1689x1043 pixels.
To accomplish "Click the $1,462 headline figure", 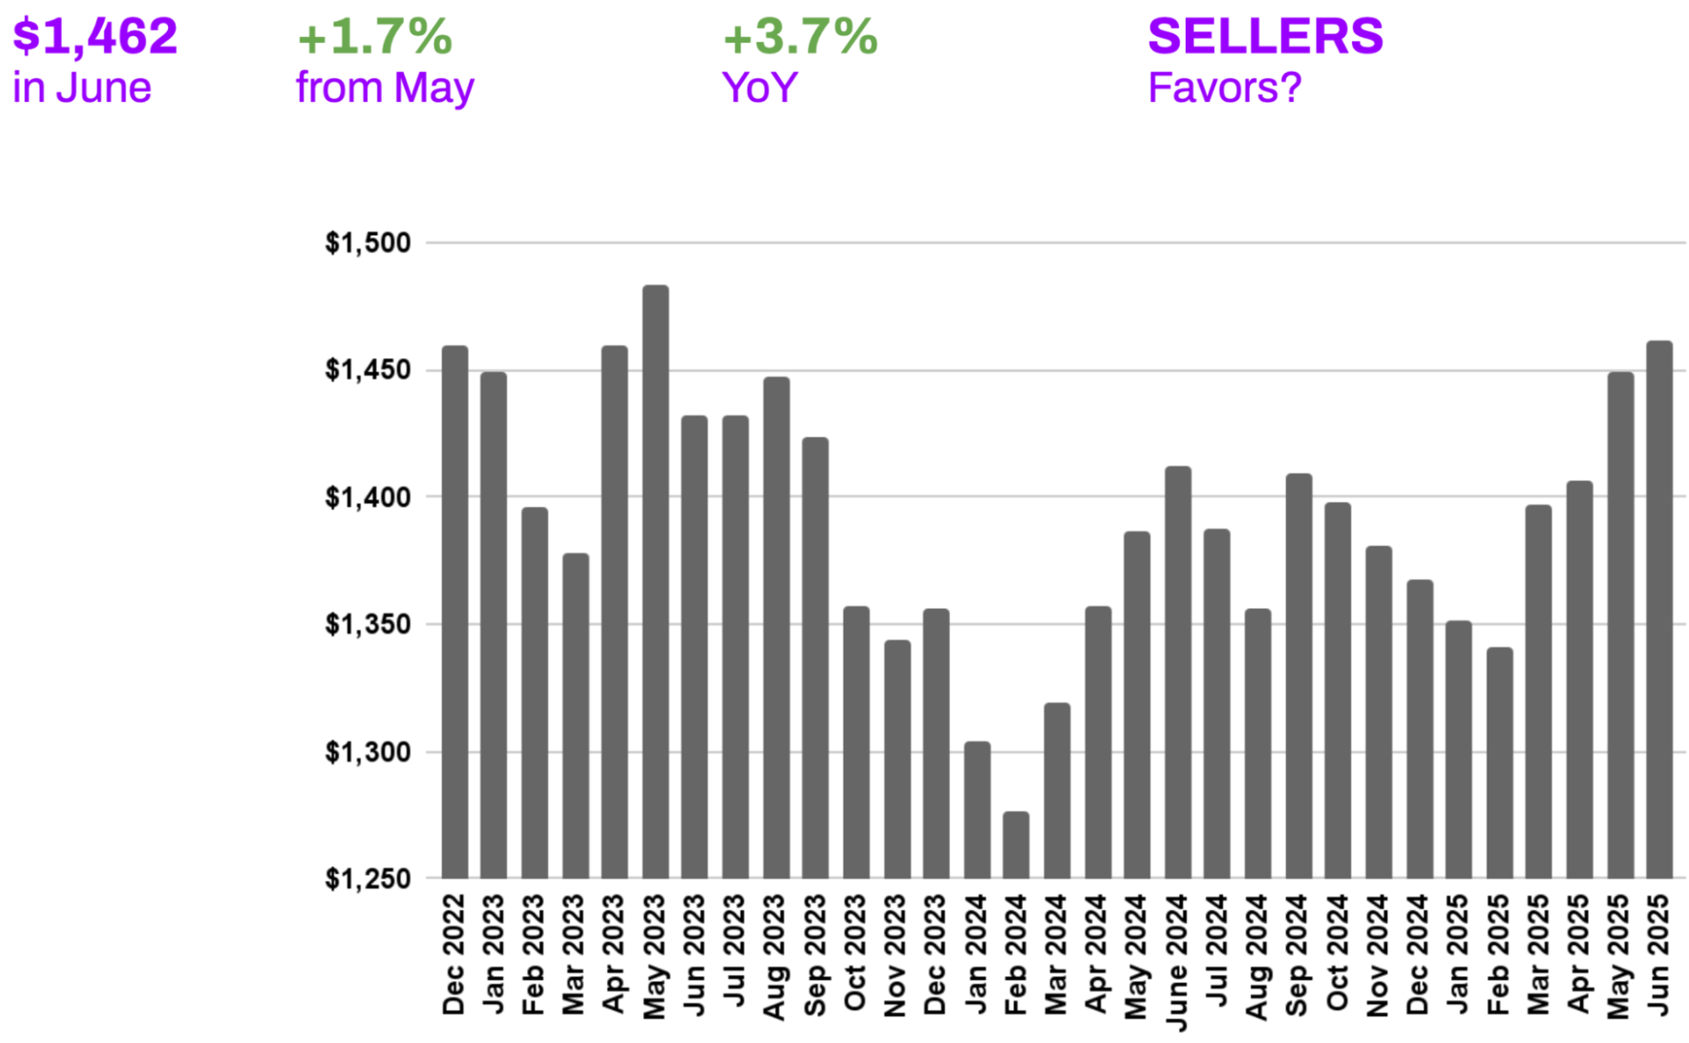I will click(x=95, y=36).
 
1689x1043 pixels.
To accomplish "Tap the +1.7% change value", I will click(x=375, y=36).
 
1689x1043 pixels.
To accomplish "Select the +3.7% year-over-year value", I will click(x=800, y=36).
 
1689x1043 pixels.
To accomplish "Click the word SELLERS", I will click(x=1265, y=36).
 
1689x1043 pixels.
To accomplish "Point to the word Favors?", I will click(x=1224, y=88).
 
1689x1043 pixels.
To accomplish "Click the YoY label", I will click(x=759, y=88).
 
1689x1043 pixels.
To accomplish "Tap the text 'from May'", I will click(x=384, y=88).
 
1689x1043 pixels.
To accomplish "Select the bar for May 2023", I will click(x=655, y=581).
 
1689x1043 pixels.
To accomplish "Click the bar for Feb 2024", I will click(x=1016, y=845).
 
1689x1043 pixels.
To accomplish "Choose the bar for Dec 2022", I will click(x=455, y=612).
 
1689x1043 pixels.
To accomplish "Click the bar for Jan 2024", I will click(x=977, y=810).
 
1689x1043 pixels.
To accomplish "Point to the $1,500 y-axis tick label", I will click(x=368, y=243).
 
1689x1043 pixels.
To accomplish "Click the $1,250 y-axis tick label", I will click(x=368, y=878).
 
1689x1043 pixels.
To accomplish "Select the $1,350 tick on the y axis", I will click(x=368, y=624).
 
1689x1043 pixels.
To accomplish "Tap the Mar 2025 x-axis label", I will click(x=1538, y=954).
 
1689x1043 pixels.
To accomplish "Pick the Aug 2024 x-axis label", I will click(x=1257, y=957).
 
